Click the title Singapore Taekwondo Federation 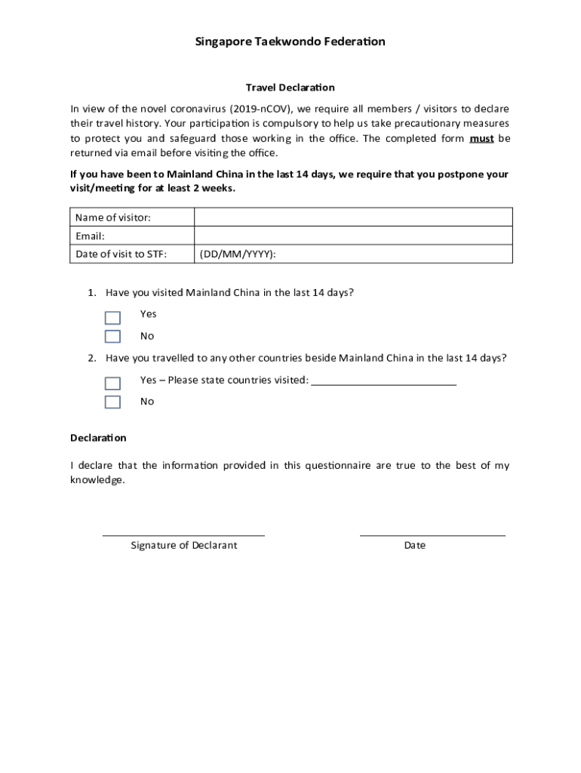coord(290,42)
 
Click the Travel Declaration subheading coord(290,88)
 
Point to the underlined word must coord(481,138)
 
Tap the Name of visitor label coord(113,217)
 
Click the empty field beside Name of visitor coord(353,217)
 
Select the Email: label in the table coord(91,236)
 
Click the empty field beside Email coord(353,236)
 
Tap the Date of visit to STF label coord(121,254)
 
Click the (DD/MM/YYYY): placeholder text coord(238,254)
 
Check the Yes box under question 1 coord(112,318)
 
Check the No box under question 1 coord(112,337)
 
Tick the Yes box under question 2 coord(112,383)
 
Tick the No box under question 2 coord(112,402)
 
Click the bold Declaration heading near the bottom coord(98,438)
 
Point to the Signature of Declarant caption coord(183,545)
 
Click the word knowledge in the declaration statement coord(97,480)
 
